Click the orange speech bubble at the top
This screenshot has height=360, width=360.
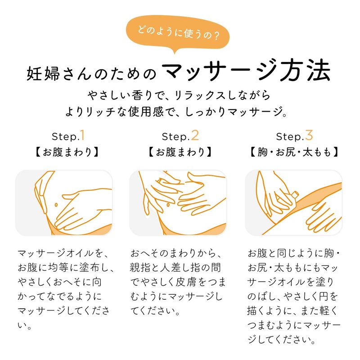177,33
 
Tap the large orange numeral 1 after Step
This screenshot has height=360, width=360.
82,135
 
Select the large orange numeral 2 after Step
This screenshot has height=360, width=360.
195,135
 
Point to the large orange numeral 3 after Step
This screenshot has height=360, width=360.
309,135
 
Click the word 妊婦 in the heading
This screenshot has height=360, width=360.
43,74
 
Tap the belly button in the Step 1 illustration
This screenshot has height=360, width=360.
56,205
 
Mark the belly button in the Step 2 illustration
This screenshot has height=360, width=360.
168,205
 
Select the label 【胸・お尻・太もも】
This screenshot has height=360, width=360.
294,152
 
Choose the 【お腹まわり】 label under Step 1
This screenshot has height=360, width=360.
67,152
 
